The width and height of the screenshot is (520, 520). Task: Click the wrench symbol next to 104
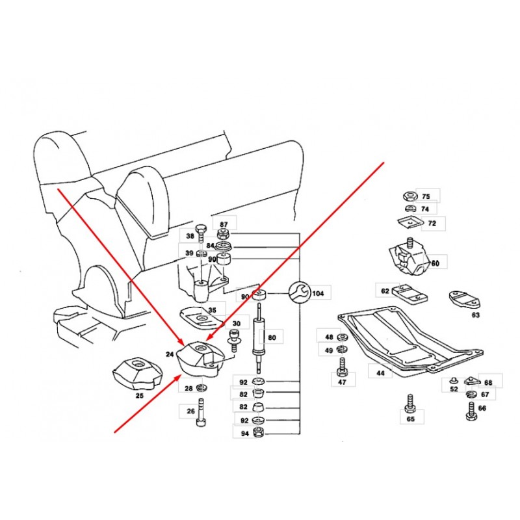pos(298,292)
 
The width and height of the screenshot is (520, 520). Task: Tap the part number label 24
pos(170,354)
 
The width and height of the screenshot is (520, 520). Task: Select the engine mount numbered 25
pos(136,374)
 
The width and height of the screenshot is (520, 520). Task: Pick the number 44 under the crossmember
pos(380,372)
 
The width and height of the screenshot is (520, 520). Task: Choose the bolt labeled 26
pos(201,413)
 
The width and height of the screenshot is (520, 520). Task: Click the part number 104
pos(318,293)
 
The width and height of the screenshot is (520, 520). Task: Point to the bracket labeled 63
pos(464,300)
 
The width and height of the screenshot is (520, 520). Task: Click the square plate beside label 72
pos(410,223)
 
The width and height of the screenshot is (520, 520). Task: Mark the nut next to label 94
pos(258,432)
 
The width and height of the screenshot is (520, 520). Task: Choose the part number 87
pos(224,224)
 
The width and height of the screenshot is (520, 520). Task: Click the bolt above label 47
pos(342,367)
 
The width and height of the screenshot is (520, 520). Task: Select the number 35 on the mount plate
pos(213,310)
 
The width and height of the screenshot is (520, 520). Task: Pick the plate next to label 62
pos(410,294)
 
